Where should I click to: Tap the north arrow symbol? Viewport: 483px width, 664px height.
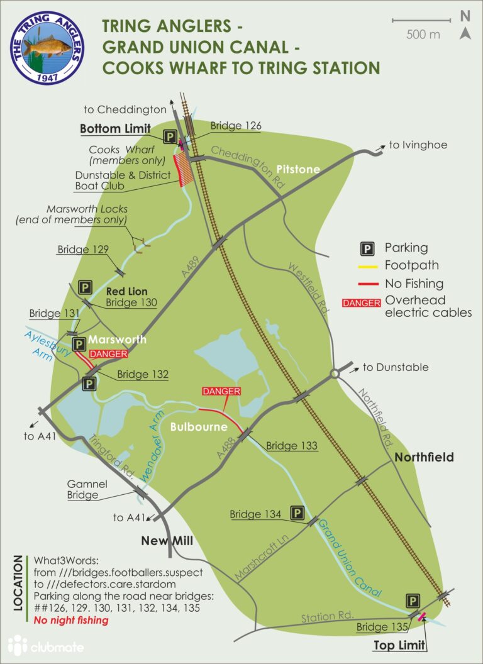click(x=465, y=26)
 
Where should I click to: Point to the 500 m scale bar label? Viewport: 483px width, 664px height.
click(x=423, y=35)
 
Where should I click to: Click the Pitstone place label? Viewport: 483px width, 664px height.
click(x=298, y=169)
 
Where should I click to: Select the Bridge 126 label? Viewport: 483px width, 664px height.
click(x=236, y=126)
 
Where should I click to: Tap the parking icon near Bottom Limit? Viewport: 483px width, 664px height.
click(x=169, y=136)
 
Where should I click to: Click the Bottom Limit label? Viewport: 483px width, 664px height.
click(x=115, y=129)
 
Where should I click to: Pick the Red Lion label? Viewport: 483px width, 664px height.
click(x=128, y=291)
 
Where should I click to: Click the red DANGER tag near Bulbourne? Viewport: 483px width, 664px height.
click(x=221, y=391)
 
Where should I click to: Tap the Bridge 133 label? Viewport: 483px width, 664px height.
click(x=291, y=446)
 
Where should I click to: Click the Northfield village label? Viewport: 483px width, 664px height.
click(x=424, y=457)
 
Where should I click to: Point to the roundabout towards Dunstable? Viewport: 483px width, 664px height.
click(x=335, y=374)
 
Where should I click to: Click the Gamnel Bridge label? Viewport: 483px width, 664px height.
click(x=82, y=489)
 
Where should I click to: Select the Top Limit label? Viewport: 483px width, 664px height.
click(x=400, y=645)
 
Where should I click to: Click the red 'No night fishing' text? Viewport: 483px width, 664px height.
click(x=71, y=620)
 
